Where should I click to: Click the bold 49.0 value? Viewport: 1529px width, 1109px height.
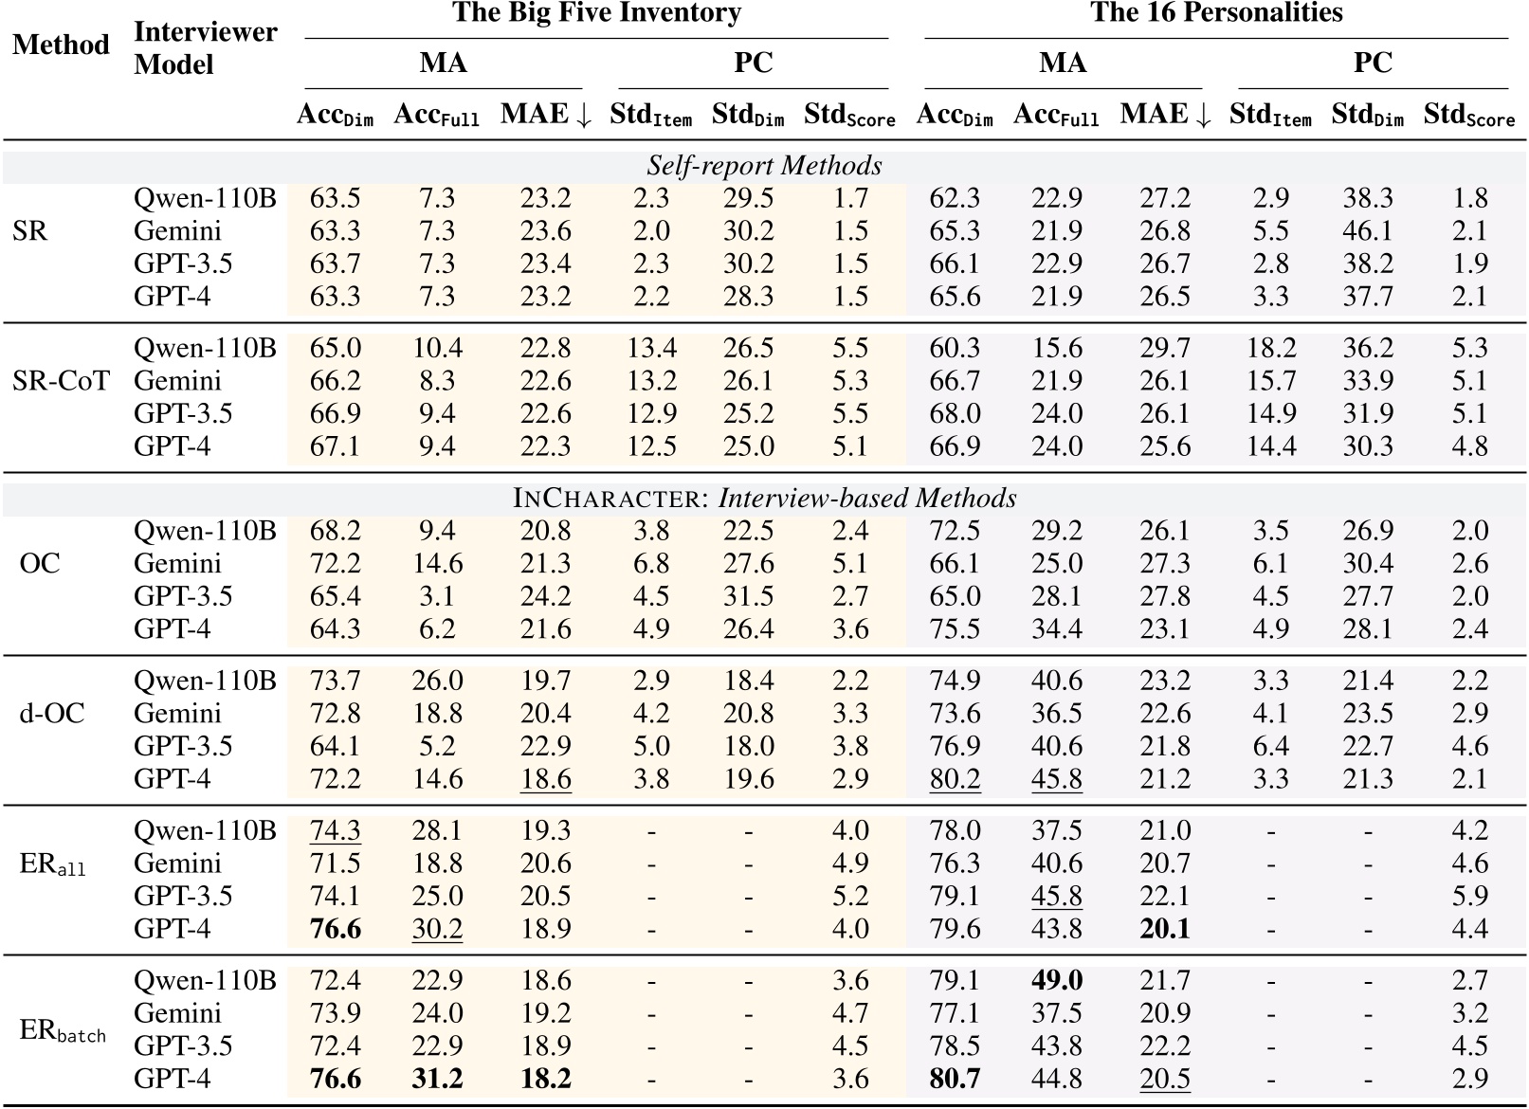pyautogui.click(x=1056, y=980)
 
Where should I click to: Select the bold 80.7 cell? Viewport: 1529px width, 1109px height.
pyautogui.click(x=954, y=1079)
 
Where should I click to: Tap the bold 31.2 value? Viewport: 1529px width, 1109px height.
pyautogui.click(x=436, y=1079)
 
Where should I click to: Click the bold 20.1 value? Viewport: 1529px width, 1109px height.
pyautogui.click(x=1164, y=929)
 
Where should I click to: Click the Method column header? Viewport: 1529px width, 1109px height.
pyautogui.click(x=61, y=45)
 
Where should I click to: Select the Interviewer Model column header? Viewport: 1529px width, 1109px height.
pyautogui.click(x=205, y=48)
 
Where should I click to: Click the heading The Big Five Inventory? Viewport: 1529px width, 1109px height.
pyautogui.click(x=596, y=13)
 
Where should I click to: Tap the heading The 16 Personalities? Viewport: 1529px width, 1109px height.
pyautogui.click(x=1216, y=13)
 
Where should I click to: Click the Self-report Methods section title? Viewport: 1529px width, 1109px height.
pyautogui.click(x=764, y=166)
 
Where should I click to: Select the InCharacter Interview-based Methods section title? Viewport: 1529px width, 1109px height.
pyautogui.click(x=764, y=499)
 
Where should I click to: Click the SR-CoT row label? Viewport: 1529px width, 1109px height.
pyautogui.click(x=61, y=381)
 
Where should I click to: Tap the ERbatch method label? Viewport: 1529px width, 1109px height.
pyautogui.click(x=62, y=1031)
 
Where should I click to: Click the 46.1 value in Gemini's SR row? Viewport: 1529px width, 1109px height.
pyautogui.click(x=1367, y=231)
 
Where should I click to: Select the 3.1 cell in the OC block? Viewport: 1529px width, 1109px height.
pyautogui.click(x=436, y=596)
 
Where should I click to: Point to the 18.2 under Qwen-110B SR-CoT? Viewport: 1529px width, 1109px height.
pyautogui.click(x=1270, y=348)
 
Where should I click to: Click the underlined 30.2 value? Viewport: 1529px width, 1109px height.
pyautogui.click(x=436, y=929)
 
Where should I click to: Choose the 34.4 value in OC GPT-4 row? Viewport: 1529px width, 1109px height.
pyautogui.click(x=1056, y=629)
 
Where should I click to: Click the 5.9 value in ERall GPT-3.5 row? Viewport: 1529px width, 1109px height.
pyautogui.click(x=1468, y=896)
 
